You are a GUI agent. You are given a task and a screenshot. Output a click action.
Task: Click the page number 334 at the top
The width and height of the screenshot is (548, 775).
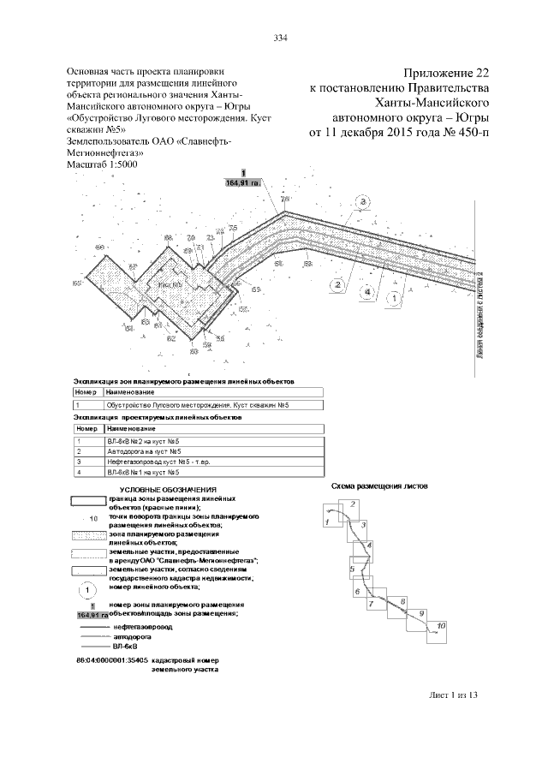click(x=279, y=38)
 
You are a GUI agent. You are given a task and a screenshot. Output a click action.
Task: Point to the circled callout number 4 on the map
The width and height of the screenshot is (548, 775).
click(x=367, y=292)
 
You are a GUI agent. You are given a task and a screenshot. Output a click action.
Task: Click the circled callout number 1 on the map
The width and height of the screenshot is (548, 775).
click(x=393, y=299)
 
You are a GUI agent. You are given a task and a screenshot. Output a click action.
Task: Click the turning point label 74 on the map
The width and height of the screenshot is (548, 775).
click(x=284, y=200)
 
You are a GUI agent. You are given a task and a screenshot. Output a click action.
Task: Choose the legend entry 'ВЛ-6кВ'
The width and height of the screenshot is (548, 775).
click(x=127, y=647)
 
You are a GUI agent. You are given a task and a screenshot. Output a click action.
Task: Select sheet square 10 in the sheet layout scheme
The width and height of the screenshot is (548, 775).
click(x=439, y=627)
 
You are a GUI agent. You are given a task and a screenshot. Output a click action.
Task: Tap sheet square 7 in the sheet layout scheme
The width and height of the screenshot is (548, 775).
click(x=371, y=604)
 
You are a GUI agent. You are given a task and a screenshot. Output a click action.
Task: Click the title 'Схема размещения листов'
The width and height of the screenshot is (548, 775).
click(x=380, y=486)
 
